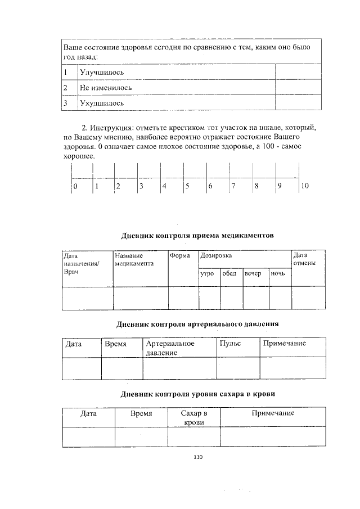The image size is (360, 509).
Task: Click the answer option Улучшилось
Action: coord(101,73)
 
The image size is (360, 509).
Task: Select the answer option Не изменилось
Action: coord(105,88)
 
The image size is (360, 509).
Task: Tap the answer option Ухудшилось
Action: coord(101,103)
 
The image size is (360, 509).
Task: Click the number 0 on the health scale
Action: coord(75,186)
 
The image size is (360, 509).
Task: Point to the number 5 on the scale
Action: coord(187,186)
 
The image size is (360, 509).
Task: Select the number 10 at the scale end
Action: coord(305,186)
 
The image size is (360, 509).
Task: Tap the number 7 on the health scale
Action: coord(233,186)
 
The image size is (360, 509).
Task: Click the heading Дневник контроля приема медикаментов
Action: coord(197,236)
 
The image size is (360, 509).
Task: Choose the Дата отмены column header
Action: coord(304,259)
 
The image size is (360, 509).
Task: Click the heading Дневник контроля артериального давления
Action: coord(197,325)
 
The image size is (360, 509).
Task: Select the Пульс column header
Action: coord(230,343)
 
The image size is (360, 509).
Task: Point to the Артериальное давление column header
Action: coord(170,348)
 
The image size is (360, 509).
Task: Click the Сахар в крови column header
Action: coord(194,417)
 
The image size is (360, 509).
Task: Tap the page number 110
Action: coord(197,457)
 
